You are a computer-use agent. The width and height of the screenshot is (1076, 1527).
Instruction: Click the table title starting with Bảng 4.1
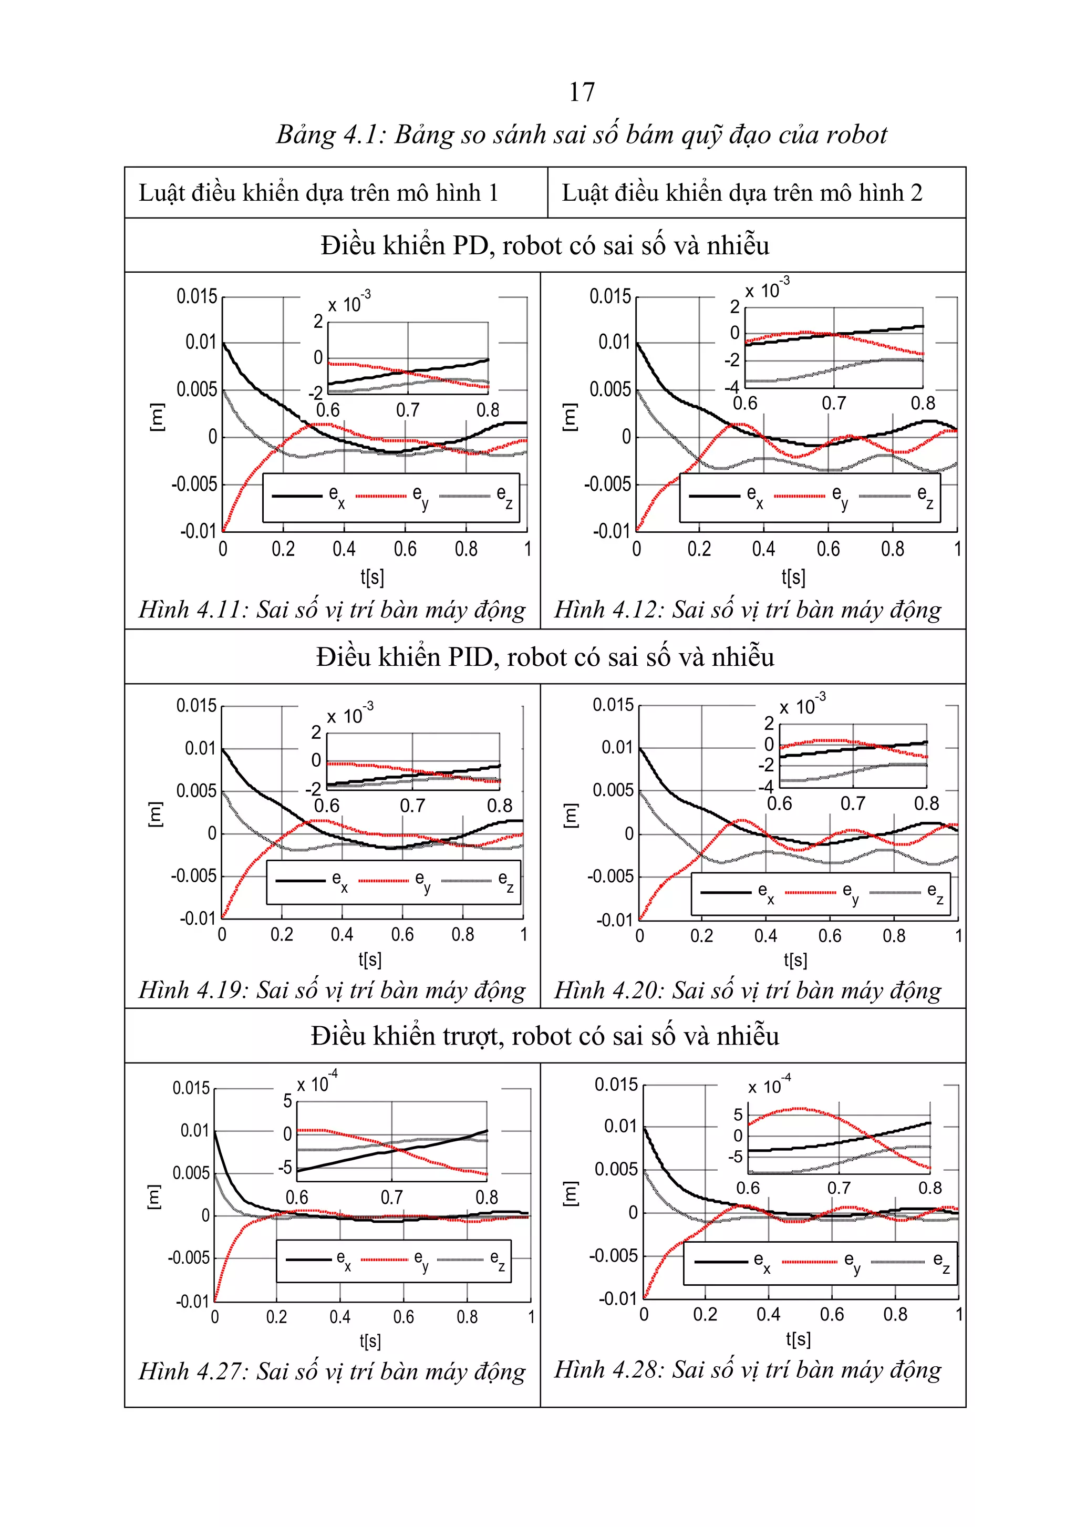tap(581, 135)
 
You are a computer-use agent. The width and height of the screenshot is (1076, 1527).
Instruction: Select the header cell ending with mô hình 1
tap(318, 193)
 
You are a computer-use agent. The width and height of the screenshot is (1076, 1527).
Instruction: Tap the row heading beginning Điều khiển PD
tap(545, 245)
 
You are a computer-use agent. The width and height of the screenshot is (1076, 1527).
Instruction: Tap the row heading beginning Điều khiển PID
tap(545, 657)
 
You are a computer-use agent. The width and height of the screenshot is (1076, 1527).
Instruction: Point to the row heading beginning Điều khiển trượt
tap(545, 1036)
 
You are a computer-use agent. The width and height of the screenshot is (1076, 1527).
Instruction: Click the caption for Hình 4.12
tap(748, 609)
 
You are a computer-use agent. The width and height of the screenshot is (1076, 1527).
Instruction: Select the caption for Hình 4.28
tap(748, 1369)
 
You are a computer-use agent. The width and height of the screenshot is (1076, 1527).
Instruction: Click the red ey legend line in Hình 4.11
tap(380, 496)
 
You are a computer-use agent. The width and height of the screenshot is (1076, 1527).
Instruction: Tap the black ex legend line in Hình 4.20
tap(726, 893)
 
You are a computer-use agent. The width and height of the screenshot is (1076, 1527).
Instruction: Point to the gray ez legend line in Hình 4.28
tap(897, 1262)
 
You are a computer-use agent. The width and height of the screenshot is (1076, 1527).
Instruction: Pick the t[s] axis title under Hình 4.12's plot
tap(793, 576)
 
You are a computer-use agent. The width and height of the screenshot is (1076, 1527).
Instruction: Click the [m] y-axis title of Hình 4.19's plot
tap(154, 814)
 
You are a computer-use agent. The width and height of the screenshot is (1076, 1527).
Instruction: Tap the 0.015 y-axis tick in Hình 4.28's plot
tap(616, 1085)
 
